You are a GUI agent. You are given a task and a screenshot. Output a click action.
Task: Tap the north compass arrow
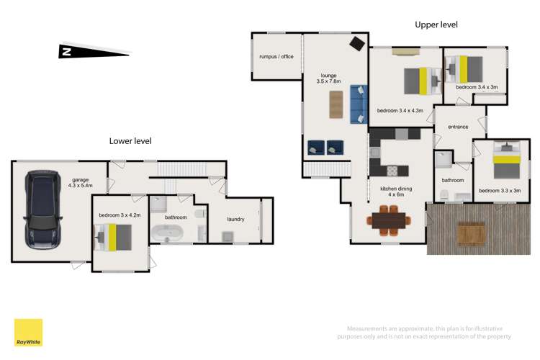tap(94, 51)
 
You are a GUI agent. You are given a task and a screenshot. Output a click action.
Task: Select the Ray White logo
tap(28, 333)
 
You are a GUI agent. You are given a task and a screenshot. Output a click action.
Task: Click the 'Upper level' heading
tap(436, 24)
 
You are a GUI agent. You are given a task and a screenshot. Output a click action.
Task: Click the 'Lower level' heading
tap(130, 141)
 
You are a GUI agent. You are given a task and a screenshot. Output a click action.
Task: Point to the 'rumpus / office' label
tap(276, 56)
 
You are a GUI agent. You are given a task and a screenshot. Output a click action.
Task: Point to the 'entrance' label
tap(458, 127)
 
